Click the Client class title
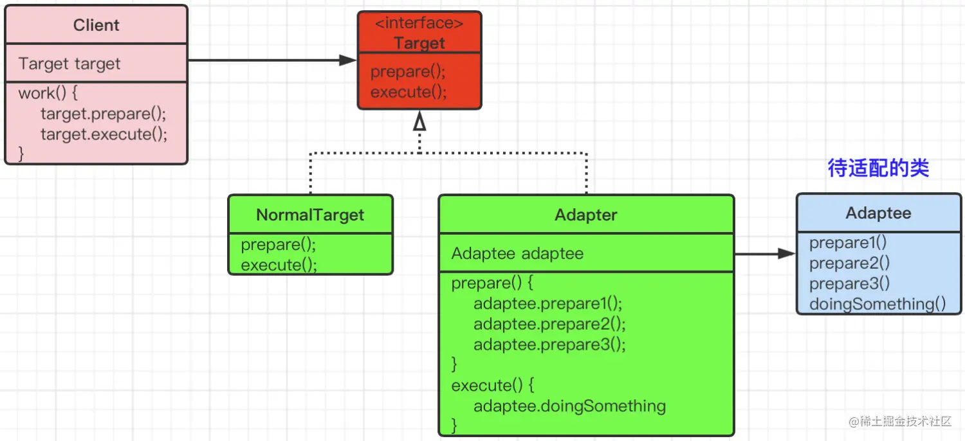[x=96, y=25]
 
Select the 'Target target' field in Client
[x=69, y=64]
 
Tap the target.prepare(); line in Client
[x=104, y=114]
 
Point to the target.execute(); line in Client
[x=104, y=134]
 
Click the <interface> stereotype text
[x=419, y=23]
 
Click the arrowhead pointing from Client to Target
[x=347, y=60]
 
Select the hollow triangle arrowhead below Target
[x=419, y=121]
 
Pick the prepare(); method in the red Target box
[x=408, y=71]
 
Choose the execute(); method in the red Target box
[x=409, y=92]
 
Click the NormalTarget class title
[x=310, y=215]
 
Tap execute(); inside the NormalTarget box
[x=279, y=265]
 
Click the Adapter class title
[x=586, y=215]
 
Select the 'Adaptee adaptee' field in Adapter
[x=517, y=254]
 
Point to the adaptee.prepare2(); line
[x=549, y=324]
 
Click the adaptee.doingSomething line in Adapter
[x=569, y=406]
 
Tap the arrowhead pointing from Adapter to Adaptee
[x=787, y=254]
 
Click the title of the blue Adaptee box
[x=878, y=213]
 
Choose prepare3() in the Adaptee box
[x=849, y=283]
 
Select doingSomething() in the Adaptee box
[x=878, y=304]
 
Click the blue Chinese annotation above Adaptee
[x=878, y=168]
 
